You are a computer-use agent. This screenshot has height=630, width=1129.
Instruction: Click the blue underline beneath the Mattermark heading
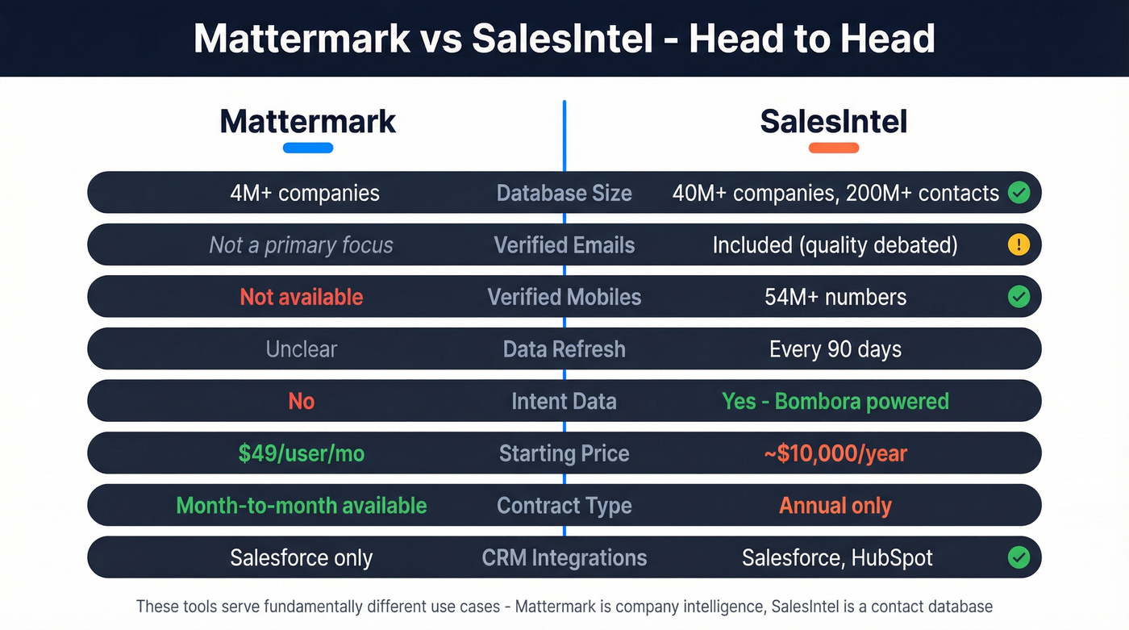tap(308, 148)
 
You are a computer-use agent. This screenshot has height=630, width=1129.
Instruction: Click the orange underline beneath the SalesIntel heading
tap(833, 148)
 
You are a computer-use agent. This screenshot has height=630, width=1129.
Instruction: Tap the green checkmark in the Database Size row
tap(1019, 192)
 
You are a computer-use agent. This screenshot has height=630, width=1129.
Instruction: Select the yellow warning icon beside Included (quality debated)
tap(1019, 244)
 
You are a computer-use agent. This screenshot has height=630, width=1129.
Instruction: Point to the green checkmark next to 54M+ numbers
tap(1019, 297)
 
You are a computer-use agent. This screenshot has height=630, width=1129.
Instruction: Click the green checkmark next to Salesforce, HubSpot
tap(1019, 557)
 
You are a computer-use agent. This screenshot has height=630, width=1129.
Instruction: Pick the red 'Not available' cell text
tap(302, 297)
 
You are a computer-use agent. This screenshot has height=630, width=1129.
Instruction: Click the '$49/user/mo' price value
tap(302, 453)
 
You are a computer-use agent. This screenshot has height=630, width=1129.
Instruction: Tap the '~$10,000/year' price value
tap(835, 453)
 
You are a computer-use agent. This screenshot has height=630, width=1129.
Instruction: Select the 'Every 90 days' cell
tap(835, 349)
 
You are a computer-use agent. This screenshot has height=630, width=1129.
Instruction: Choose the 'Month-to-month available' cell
tap(302, 506)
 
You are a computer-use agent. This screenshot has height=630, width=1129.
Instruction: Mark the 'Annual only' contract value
tap(835, 506)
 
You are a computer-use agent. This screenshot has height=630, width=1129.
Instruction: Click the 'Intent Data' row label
tap(564, 401)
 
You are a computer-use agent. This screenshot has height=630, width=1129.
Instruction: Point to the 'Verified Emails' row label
tap(564, 244)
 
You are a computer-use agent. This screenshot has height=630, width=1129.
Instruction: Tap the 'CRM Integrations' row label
tap(564, 557)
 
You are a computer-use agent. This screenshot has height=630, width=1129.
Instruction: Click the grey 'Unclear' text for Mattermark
tap(302, 349)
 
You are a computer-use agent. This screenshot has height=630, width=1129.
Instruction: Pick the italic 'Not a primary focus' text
tap(302, 244)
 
